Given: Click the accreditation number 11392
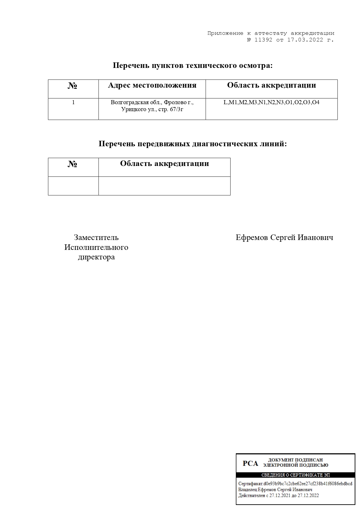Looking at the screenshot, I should coord(263,40).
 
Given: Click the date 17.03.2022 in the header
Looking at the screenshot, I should coord(305,40).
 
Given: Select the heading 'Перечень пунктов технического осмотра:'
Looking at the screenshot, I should coord(193,66).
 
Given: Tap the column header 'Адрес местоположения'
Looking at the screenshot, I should coord(152,85).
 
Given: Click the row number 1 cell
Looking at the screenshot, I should coord(73,102).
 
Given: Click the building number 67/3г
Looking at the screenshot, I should coord(178,109).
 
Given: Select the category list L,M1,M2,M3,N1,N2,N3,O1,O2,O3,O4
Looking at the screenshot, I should coord(271,102).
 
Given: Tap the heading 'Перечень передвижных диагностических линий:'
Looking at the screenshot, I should coord(193,144).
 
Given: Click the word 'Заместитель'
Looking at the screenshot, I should coord(96,237).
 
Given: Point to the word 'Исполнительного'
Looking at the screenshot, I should coord(96,247).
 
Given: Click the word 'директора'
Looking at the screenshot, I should coord(96,257).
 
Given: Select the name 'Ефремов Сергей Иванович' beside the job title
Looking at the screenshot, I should coord(284,237).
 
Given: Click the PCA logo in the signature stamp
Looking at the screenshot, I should coord(250,464).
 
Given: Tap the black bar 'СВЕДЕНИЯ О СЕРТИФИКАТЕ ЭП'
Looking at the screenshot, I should coord(295,475).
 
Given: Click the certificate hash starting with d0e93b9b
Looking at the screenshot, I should coord(308,484).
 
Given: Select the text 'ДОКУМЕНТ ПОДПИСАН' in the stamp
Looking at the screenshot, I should coord(295,460).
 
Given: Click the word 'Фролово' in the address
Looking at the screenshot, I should coord(176,102).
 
